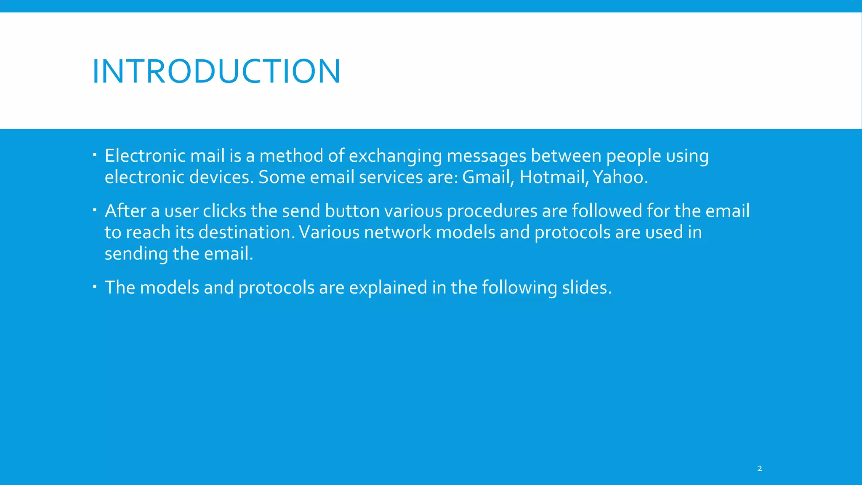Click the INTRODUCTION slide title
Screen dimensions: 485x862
[216, 71]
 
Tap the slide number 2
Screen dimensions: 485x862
[759, 468]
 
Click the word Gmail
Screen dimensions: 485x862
[488, 177]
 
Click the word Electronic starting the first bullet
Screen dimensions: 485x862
[145, 156]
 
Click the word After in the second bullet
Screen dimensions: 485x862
[125, 211]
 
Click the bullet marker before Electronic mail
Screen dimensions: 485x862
[95, 155]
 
